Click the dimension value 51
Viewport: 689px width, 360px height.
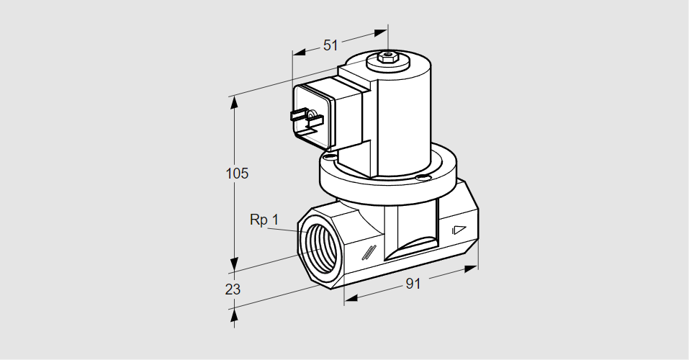pos(330,45)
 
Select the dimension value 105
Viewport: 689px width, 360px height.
pos(237,174)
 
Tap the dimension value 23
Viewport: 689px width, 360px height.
pos(233,289)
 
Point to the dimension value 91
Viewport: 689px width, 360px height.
pos(411,284)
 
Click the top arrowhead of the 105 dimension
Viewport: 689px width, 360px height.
pos(234,102)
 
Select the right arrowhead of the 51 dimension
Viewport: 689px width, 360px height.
pos(381,32)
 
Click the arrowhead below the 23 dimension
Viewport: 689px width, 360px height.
pos(234,315)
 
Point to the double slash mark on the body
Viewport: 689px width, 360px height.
pos(369,252)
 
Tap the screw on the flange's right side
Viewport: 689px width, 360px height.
pos(425,177)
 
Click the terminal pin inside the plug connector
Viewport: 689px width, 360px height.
pos(310,115)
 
